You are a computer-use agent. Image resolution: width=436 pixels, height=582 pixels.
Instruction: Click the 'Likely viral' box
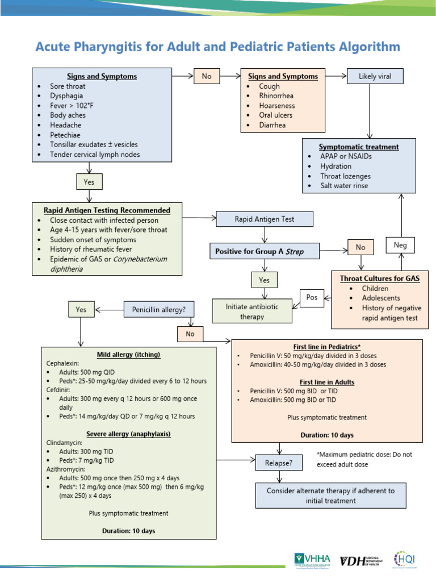(374, 76)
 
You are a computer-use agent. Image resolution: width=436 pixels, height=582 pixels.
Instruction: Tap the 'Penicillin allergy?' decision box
(159, 310)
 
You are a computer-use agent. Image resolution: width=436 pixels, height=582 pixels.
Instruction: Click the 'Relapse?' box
(278, 463)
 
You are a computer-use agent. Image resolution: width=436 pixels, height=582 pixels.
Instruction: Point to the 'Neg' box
(400, 245)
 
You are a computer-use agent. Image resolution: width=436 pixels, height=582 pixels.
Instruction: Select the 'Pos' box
(312, 297)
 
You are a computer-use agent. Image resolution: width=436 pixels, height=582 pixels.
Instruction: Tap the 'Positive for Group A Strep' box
(263, 251)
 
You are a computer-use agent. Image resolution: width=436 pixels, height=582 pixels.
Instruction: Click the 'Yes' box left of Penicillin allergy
(81, 310)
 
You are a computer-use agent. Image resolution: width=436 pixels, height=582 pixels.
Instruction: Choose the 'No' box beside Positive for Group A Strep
(360, 247)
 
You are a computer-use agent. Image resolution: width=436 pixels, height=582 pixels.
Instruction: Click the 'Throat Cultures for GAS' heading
(380, 278)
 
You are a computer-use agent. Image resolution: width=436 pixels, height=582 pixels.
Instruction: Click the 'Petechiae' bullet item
(66, 135)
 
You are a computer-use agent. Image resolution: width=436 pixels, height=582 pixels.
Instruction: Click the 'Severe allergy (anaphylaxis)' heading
(129, 434)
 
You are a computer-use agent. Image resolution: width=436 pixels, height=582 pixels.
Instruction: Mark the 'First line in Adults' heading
(327, 382)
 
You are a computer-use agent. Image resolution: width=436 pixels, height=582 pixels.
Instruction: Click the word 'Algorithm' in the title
(366, 47)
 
